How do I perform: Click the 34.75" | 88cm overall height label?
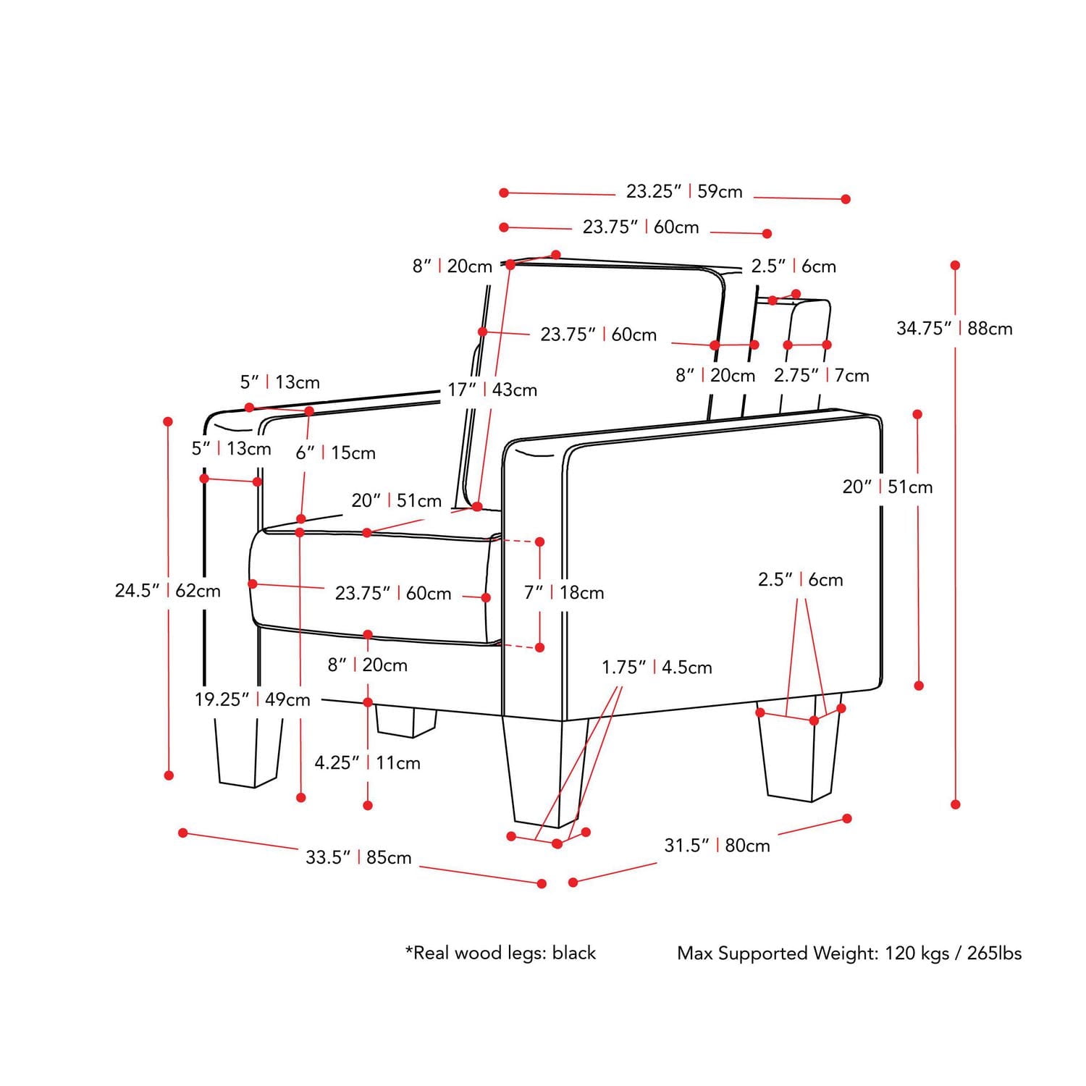(x=954, y=329)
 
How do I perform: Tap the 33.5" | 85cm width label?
(x=358, y=857)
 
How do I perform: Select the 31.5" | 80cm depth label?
(x=717, y=845)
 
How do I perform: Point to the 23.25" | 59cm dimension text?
(x=684, y=192)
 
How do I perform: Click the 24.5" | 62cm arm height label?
(x=167, y=591)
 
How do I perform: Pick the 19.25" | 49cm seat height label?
(x=252, y=699)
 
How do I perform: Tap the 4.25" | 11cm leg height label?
(x=367, y=762)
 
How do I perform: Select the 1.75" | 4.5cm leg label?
(x=657, y=667)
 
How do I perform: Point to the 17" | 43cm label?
(x=492, y=390)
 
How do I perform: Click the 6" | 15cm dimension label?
(x=335, y=453)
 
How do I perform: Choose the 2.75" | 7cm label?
(x=821, y=375)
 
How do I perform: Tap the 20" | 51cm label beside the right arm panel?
(x=887, y=487)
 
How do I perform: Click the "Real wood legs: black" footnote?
(x=500, y=953)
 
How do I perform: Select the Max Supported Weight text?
(x=849, y=953)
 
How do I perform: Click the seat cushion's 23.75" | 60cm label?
(x=392, y=594)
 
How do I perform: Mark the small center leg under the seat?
(x=405, y=720)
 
